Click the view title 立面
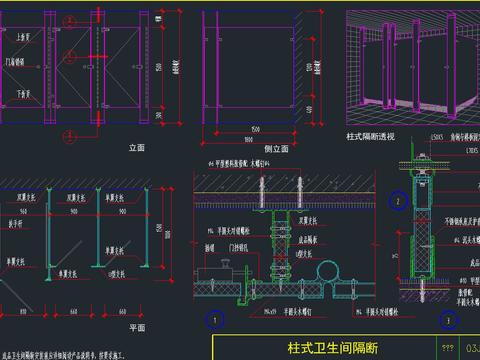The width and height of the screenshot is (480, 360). tap(138, 147)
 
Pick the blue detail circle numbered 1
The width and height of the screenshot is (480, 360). tap(212, 321)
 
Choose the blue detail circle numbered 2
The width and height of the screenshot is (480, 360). tap(397, 201)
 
